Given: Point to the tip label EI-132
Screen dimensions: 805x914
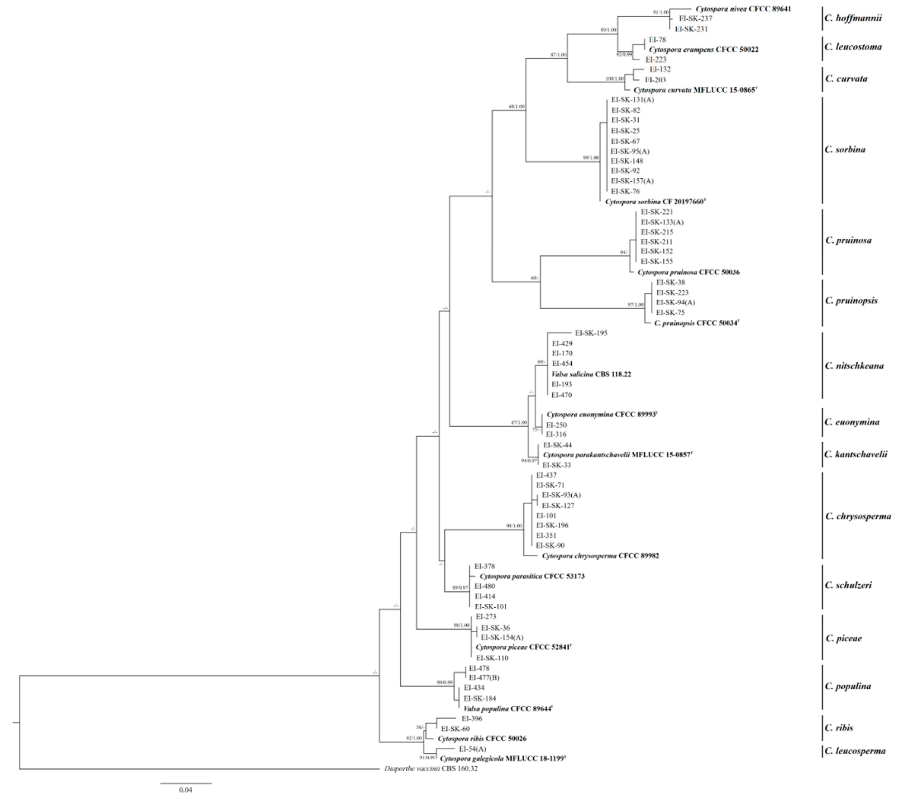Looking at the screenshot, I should coord(660,69).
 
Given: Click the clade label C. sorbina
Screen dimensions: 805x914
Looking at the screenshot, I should coord(845,149).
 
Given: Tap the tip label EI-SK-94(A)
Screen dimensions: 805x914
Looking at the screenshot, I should coord(675,303).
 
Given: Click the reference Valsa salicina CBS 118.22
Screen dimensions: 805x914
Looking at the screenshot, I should coord(591,374).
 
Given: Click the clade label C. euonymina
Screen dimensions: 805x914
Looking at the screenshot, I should coord(852,422).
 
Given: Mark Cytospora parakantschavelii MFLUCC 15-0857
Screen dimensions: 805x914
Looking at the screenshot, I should coord(617,455).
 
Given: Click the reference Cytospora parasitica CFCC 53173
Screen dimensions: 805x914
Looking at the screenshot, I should coord(532,576).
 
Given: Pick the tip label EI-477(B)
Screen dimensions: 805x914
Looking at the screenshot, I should coord(484,678).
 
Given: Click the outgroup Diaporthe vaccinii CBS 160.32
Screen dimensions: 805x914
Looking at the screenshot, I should coord(431,769).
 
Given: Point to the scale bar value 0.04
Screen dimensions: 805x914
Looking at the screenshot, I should coord(186,790).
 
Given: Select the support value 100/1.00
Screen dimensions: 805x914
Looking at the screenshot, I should coord(614,79).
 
